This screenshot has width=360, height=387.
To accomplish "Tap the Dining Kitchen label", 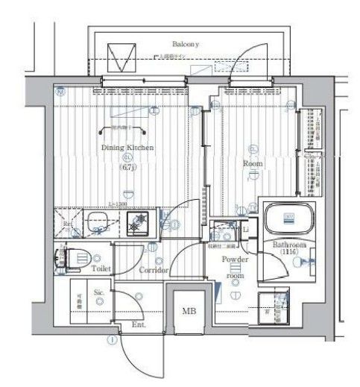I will tap(127, 148).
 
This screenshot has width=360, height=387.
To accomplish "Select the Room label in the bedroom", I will tap(250, 163).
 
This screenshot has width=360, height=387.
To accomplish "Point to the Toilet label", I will tap(101, 266).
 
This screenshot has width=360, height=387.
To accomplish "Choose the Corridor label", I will tap(154, 270).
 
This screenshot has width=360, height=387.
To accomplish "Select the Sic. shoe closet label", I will tap(98, 293).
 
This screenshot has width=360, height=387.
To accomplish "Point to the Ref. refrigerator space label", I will tap(67, 223).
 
